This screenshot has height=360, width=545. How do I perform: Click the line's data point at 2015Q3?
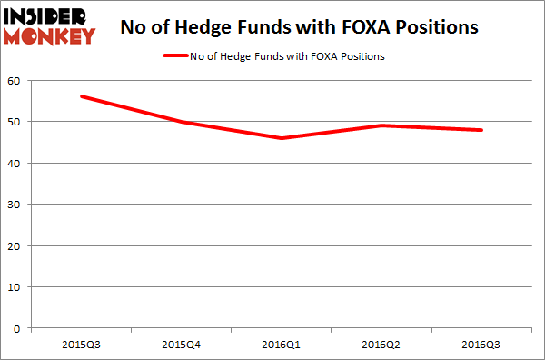click(x=83, y=96)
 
